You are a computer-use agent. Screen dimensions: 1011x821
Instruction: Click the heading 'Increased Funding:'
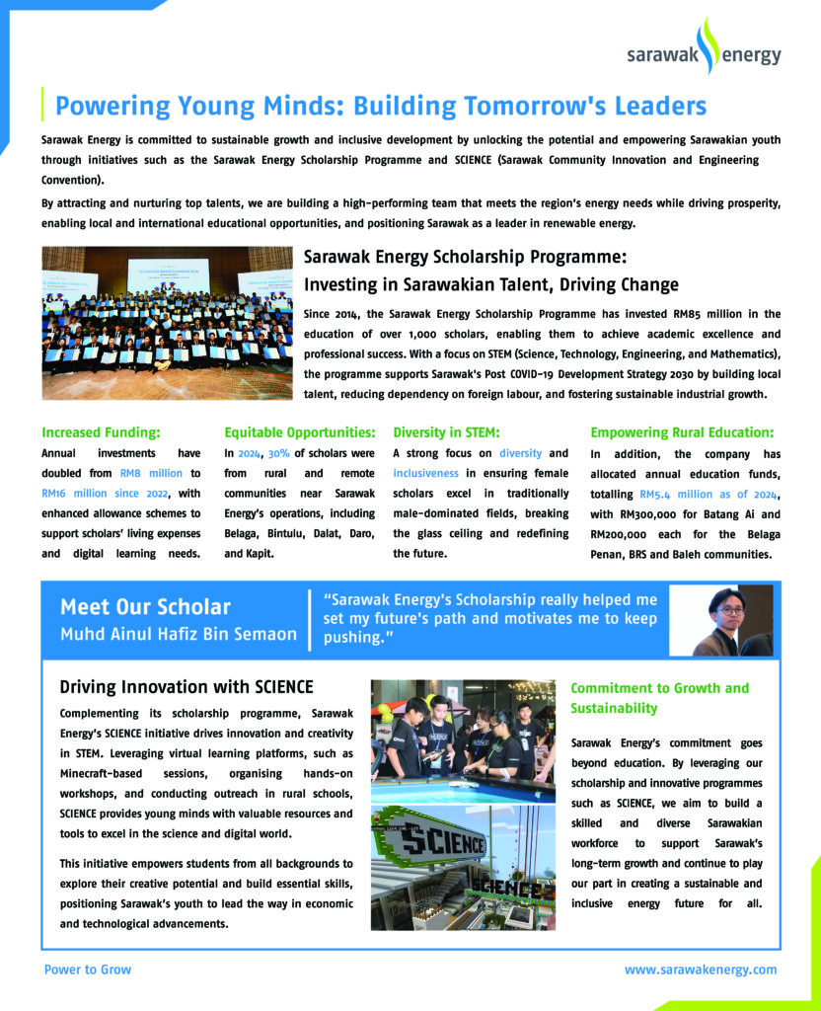(101, 432)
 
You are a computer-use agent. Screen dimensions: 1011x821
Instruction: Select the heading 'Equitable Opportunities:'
(299, 432)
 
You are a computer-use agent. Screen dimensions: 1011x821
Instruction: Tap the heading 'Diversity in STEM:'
(446, 432)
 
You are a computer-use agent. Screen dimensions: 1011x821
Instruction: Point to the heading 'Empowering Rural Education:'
(682, 432)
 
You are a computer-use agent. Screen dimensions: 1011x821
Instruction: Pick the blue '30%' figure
(279, 453)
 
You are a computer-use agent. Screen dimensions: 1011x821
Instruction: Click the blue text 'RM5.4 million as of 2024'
(709, 493)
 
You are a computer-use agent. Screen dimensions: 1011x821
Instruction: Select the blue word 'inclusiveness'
(425, 473)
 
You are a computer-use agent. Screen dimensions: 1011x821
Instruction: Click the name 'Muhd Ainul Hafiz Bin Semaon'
(178, 634)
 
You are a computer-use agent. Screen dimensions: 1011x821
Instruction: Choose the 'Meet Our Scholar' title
(145, 607)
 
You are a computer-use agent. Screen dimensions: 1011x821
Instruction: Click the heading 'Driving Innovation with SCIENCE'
(187, 687)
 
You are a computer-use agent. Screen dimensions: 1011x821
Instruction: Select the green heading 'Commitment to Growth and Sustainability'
(659, 698)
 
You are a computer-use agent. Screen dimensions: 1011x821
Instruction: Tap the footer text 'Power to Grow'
(87, 970)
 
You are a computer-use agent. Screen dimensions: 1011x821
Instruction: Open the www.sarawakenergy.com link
(701, 970)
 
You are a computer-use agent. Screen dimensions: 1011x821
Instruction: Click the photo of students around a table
(462, 740)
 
